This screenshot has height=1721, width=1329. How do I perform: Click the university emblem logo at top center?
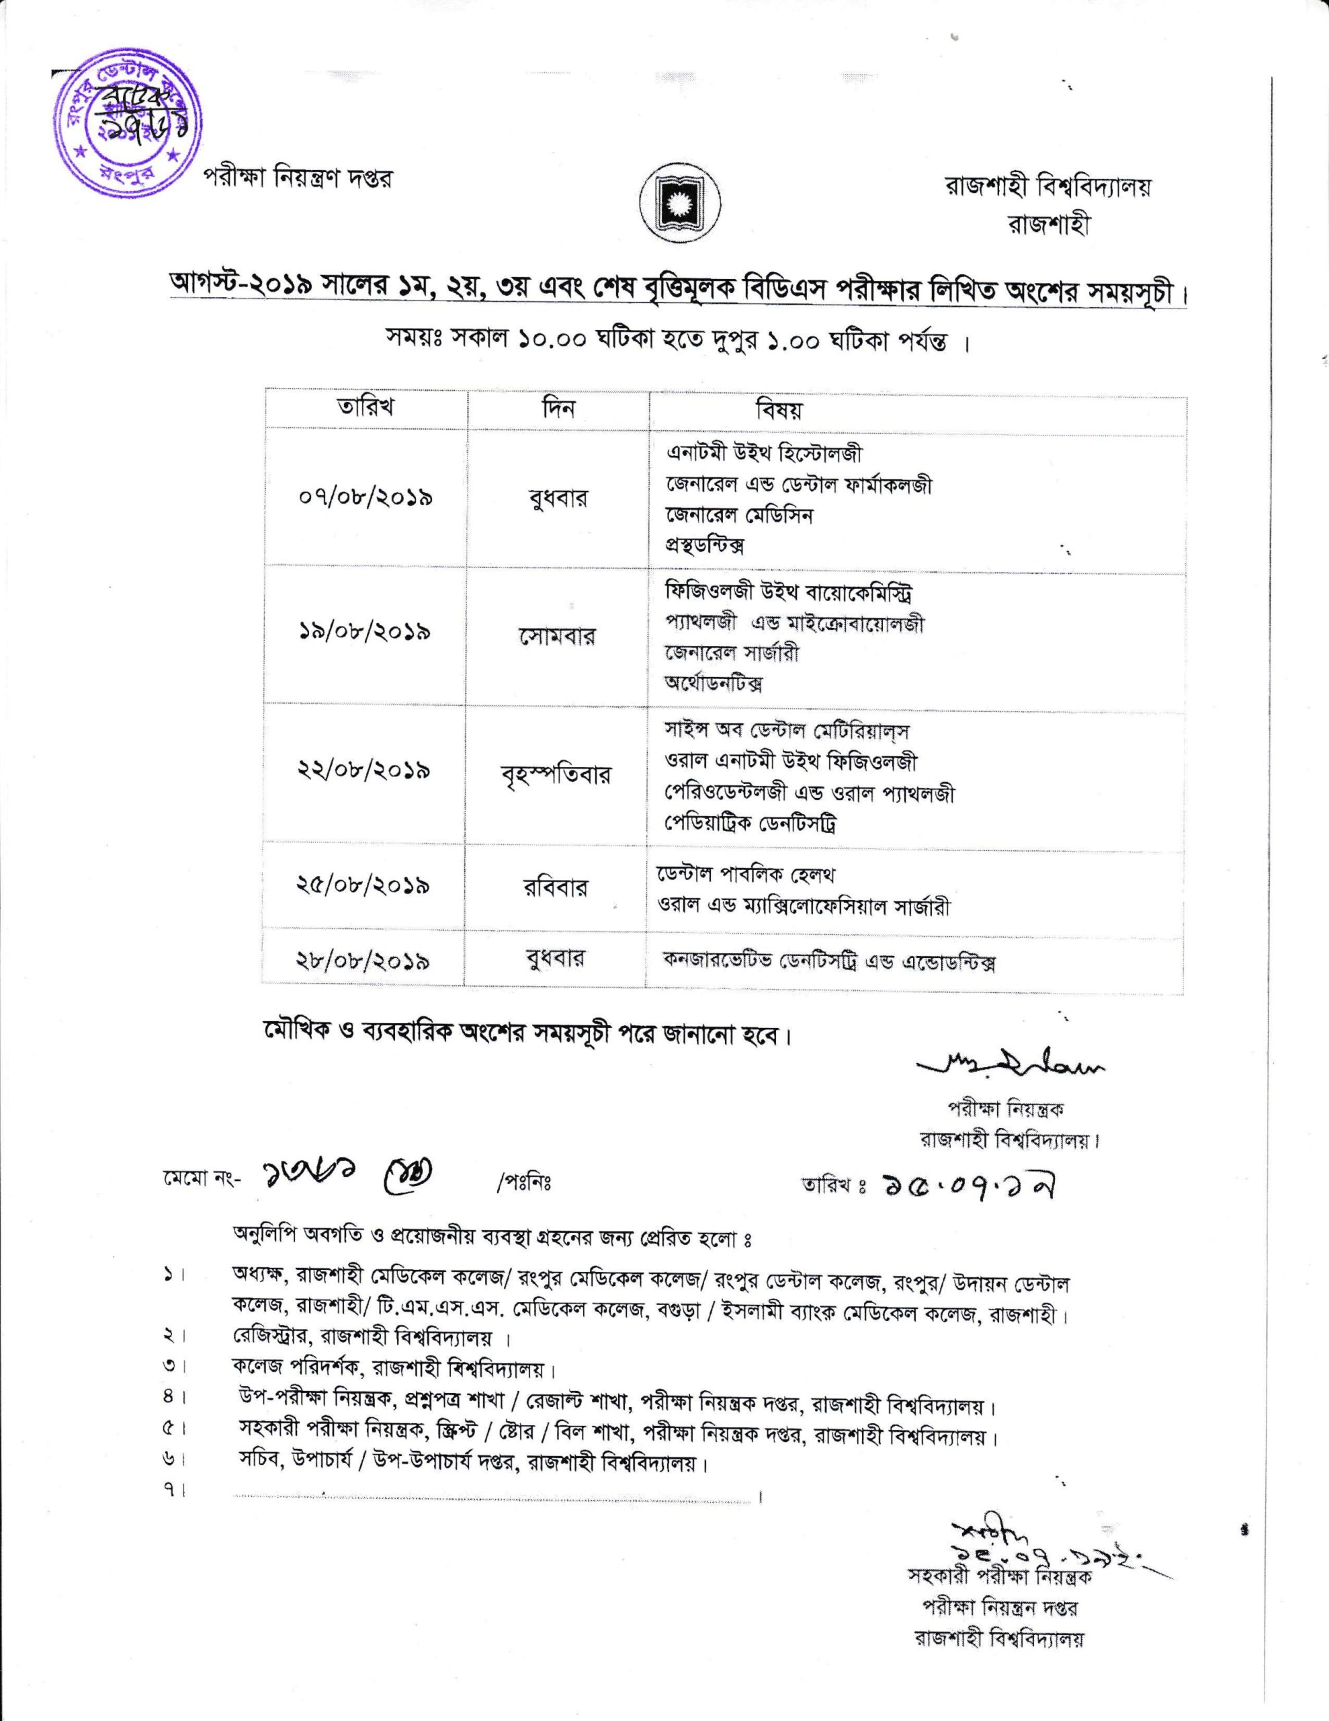click(672, 206)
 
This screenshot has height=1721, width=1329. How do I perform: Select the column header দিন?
click(558, 408)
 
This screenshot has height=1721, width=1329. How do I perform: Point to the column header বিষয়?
click(779, 410)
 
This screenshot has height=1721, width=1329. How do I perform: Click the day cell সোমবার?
click(557, 635)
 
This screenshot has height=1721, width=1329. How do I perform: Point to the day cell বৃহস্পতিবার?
click(556, 774)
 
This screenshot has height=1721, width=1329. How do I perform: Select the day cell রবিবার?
click(556, 887)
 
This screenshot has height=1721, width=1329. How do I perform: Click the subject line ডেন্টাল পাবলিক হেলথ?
click(745, 875)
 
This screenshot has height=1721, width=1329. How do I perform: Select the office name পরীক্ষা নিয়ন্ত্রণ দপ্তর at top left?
click(298, 179)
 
